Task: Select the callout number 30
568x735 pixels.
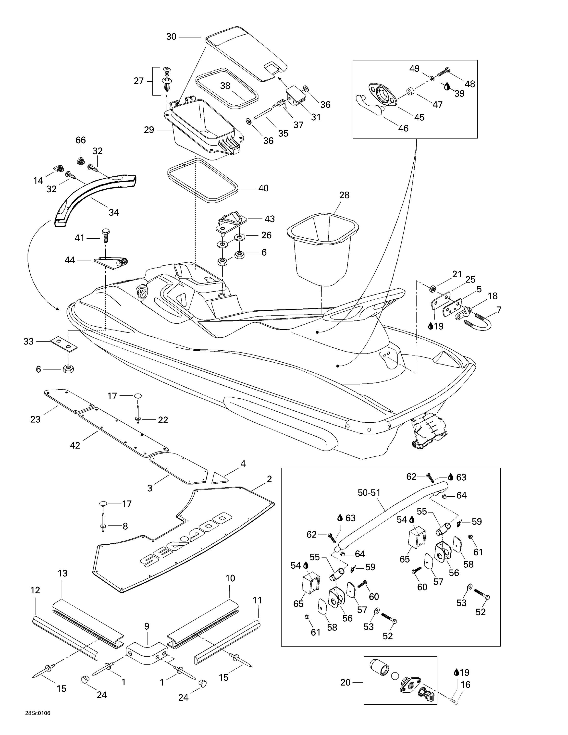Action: click(171, 37)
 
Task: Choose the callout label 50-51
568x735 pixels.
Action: click(369, 493)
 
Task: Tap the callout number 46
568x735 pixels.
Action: click(403, 128)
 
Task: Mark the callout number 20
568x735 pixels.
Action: click(346, 683)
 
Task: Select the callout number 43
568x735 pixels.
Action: click(270, 219)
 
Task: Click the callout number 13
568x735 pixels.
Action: click(62, 573)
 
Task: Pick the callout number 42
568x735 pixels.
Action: click(75, 445)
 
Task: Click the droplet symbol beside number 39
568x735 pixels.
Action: click(447, 87)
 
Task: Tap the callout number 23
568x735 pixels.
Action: click(35, 419)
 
